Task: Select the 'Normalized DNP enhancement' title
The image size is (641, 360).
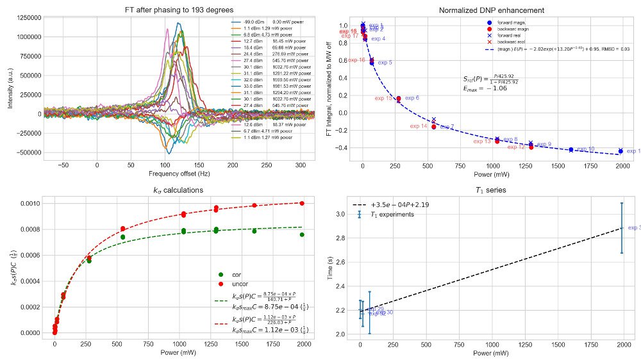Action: point(491,10)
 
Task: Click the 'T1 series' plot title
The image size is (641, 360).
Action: point(491,190)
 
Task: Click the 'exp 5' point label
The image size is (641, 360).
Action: point(385,63)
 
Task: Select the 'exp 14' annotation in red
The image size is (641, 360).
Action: point(419,126)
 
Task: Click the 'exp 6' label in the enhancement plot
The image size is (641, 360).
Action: point(412,98)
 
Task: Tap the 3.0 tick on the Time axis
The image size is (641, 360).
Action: point(349,214)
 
